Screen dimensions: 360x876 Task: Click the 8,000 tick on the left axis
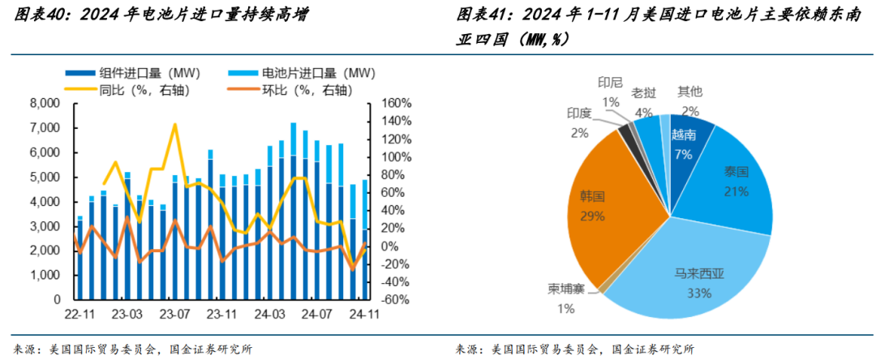click(43, 104)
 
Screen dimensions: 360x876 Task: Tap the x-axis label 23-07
click(174, 314)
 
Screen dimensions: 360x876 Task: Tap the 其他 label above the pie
click(690, 92)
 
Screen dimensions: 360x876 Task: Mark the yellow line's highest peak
click(174, 124)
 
